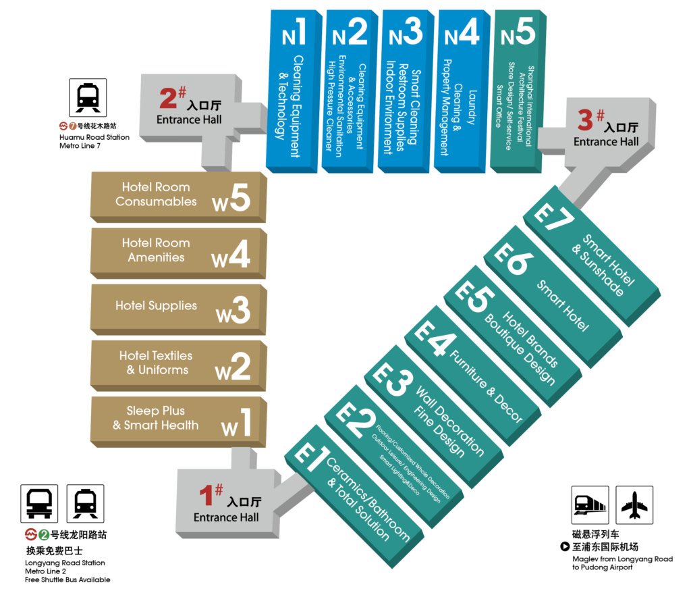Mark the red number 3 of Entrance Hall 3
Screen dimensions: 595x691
[585, 120]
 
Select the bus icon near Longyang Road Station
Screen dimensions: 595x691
[39, 504]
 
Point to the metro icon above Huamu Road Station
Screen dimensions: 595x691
[88, 98]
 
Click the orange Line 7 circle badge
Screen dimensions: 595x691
[72, 126]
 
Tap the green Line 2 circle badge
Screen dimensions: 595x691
[44, 535]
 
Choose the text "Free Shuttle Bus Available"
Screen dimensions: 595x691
[67, 579]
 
